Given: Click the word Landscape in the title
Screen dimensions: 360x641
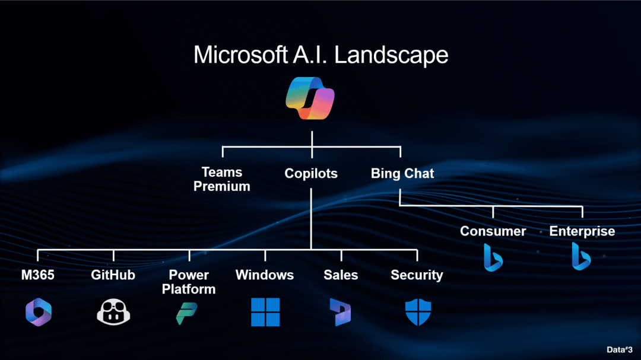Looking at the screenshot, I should [x=391, y=55].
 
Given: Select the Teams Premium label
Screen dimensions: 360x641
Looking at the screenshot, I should [x=223, y=179].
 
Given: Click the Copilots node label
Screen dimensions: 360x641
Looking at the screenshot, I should [x=311, y=174].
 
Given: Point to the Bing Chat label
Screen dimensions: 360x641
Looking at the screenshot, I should [x=402, y=174].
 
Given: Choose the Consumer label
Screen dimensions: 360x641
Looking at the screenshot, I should [x=493, y=231].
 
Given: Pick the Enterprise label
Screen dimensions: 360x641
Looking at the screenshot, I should [x=582, y=231].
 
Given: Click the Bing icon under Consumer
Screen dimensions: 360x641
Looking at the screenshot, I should [x=493, y=257].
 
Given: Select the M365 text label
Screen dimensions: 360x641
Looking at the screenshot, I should [x=39, y=275].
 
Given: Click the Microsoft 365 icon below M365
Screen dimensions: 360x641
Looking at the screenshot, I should [x=39, y=312].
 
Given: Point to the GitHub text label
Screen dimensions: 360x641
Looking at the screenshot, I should [x=113, y=275].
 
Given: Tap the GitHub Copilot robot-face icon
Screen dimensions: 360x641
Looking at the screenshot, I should [x=113, y=312].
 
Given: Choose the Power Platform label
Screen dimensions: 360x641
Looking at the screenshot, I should [x=189, y=282].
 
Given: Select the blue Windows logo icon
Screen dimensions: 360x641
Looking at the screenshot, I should [x=265, y=312].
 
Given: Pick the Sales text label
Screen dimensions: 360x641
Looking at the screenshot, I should [x=341, y=275].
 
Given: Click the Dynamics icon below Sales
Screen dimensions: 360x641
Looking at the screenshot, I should [x=341, y=312].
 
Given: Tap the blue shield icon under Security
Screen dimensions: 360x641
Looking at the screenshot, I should [x=417, y=312].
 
